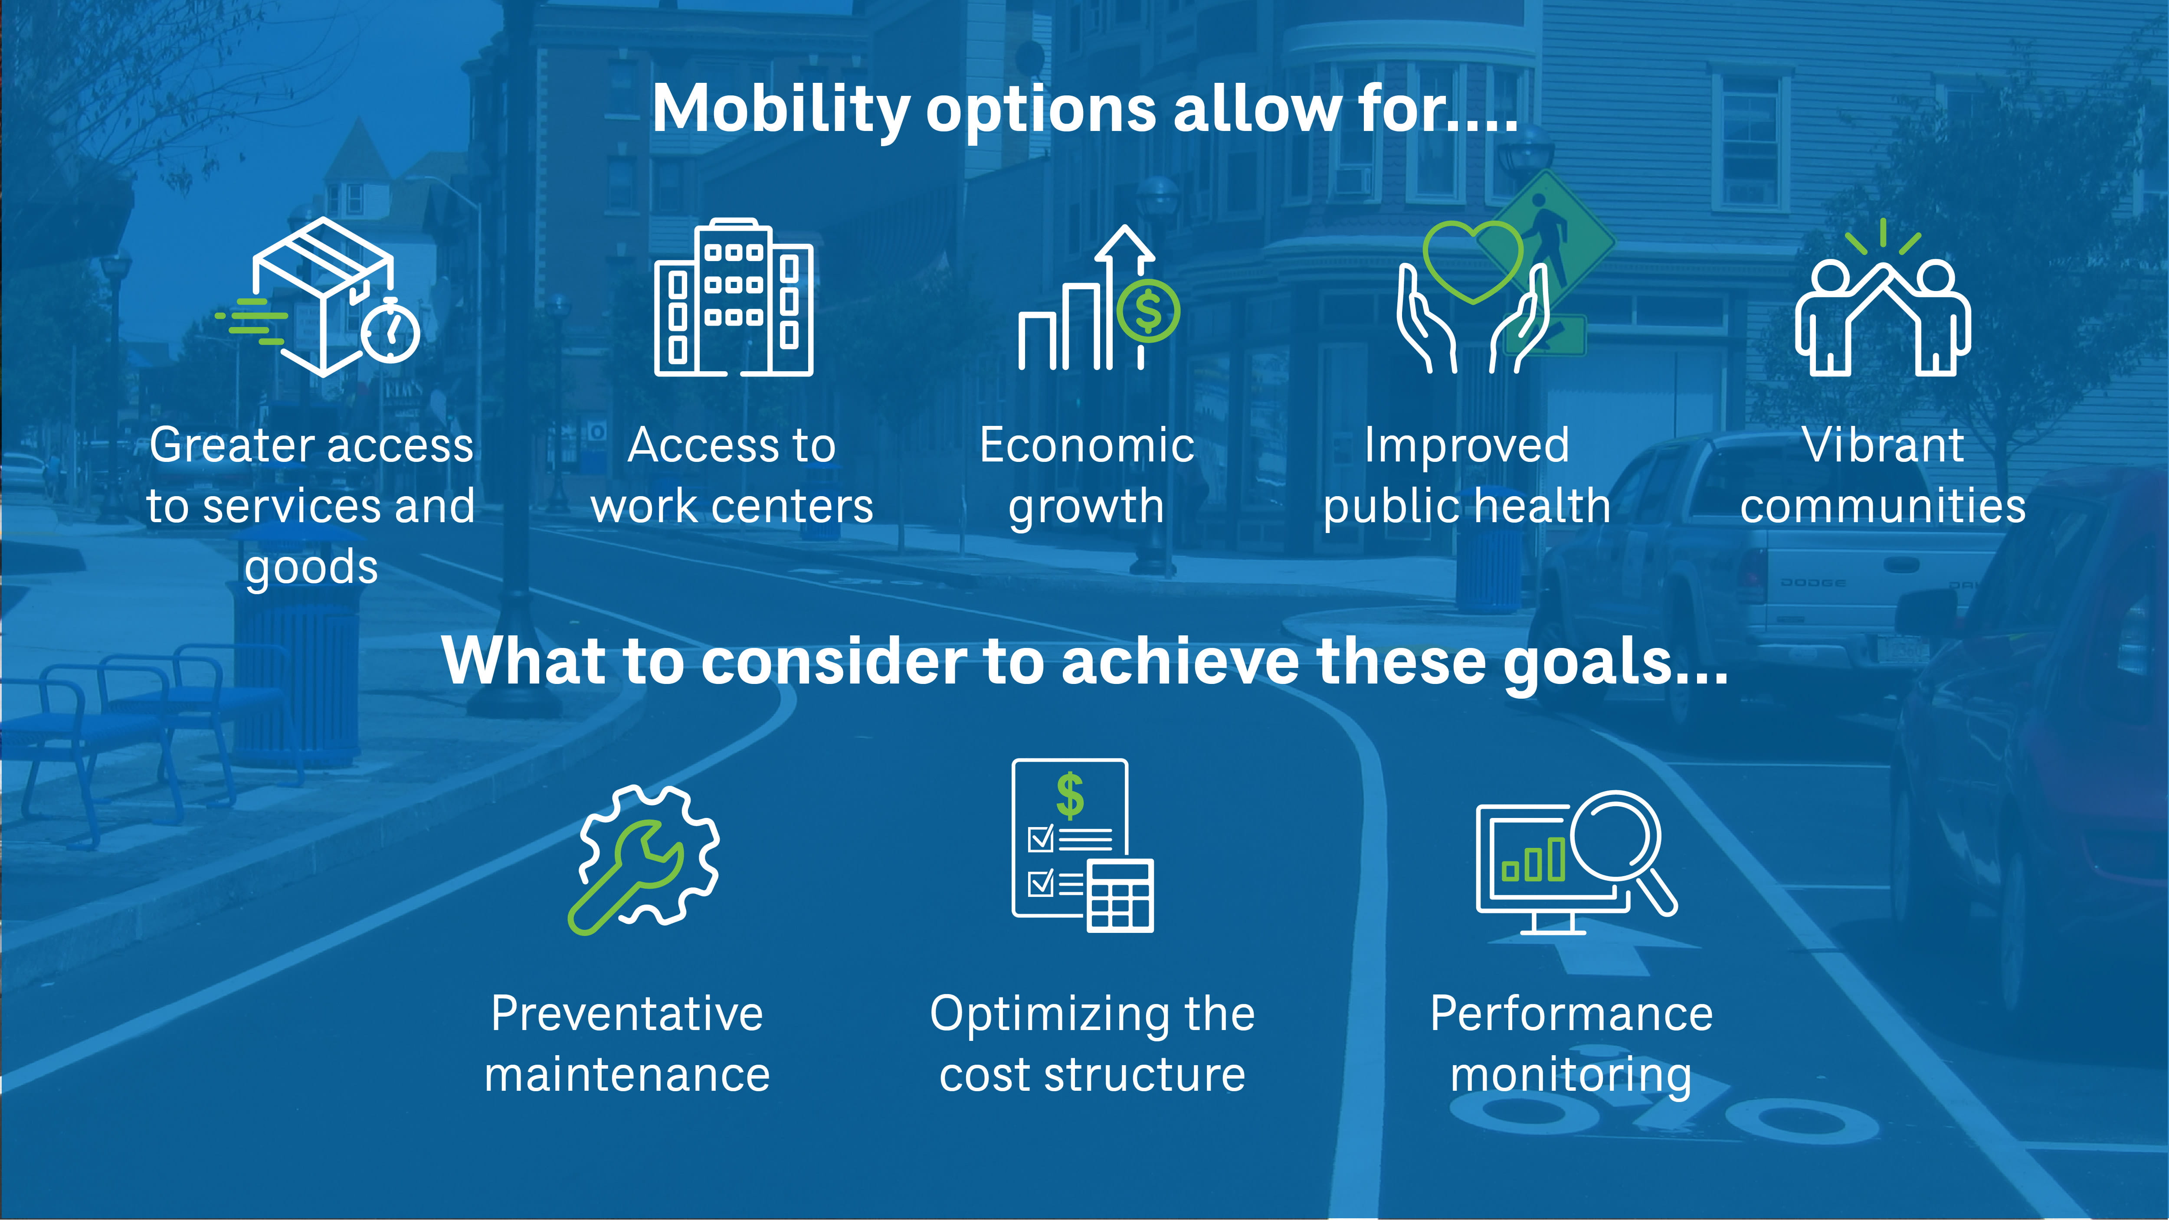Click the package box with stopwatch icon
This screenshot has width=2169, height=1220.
point(324,296)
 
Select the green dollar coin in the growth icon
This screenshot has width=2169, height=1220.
point(1148,311)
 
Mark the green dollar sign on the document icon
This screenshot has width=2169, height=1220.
point(1070,796)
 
